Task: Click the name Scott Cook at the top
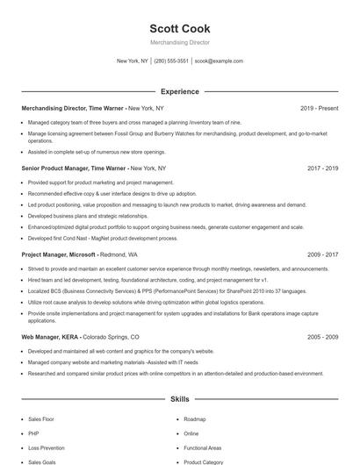coord(179,28)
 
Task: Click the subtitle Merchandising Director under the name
coord(179,42)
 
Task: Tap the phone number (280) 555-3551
coord(172,61)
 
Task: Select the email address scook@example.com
coord(219,61)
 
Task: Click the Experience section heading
coord(179,91)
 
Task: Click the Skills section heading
coord(179,399)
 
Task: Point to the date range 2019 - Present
coord(319,108)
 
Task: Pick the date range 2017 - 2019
coord(322,168)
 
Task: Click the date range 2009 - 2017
coord(322,254)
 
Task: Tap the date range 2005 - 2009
coord(322,337)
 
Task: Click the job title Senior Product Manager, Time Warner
coord(74,168)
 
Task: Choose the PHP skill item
coord(34,433)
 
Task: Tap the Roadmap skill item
coord(195,419)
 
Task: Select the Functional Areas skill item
coord(203,447)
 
